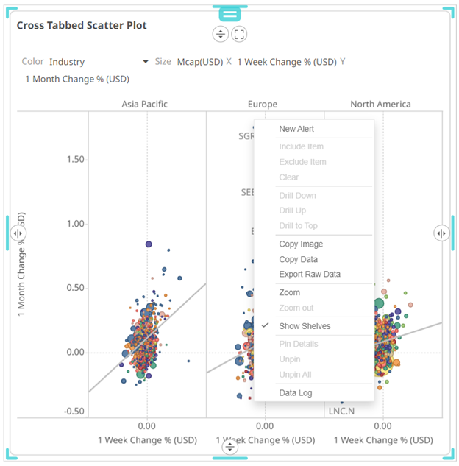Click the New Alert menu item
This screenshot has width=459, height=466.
pyautogui.click(x=296, y=129)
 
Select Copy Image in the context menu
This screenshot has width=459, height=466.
pyautogui.click(x=301, y=244)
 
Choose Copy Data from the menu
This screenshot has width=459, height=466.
pyautogui.click(x=298, y=259)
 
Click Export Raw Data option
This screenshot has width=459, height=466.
pyautogui.click(x=310, y=275)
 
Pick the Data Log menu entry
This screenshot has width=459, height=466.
pyautogui.click(x=296, y=393)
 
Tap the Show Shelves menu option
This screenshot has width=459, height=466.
pyautogui.click(x=305, y=326)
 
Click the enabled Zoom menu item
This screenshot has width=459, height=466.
pyautogui.click(x=290, y=292)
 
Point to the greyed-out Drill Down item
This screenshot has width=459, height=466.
pyautogui.click(x=297, y=196)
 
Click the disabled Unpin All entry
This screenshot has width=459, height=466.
pyautogui.click(x=295, y=375)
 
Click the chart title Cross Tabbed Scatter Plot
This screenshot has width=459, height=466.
pyautogui.click(x=82, y=25)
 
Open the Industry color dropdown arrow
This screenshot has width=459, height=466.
pyautogui.click(x=146, y=62)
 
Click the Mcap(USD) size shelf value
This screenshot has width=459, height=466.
pyautogui.click(x=199, y=62)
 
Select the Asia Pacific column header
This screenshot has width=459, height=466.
pyautogui.click(x=144, y=104)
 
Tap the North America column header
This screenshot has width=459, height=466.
pyautogui.click(x=380, y=104)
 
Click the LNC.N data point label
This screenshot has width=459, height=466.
pyautogui.click(x=341, y=411)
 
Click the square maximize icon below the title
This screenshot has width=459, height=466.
pyautogui.click(x=239, y=34)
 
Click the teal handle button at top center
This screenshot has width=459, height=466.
pyautogui.click(x=230, y=13)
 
